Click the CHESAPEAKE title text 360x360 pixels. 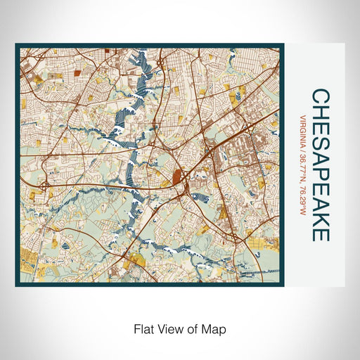click(x=320, y=165)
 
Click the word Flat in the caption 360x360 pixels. click(x=143, y=328)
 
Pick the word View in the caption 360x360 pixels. click(x=172, y=328)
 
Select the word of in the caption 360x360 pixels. click(x=195, y=328)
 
